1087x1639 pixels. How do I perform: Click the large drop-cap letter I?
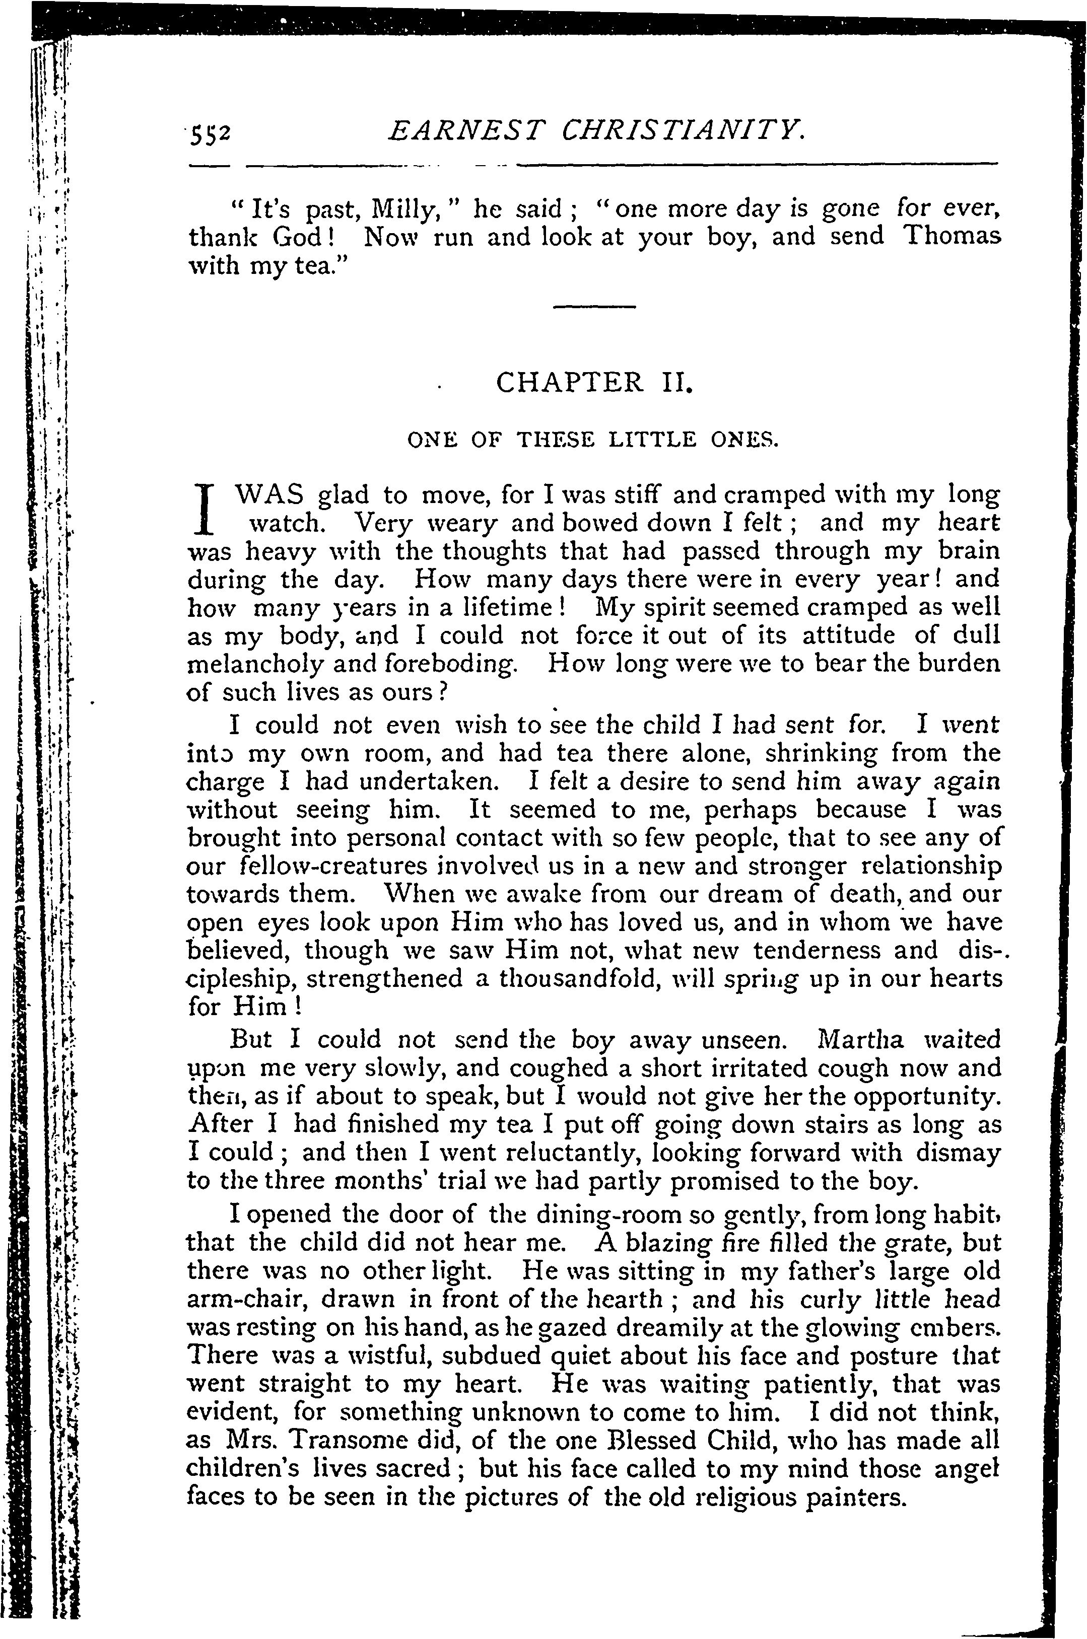[x=204, y=507]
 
